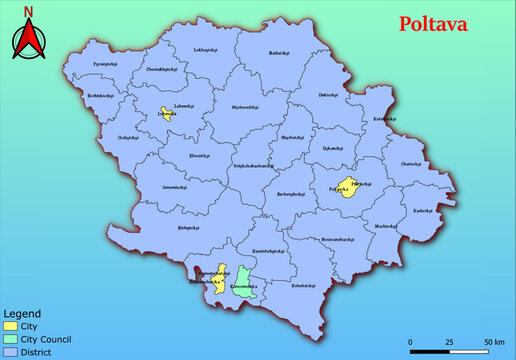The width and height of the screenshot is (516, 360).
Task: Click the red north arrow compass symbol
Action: (x=30, y=41)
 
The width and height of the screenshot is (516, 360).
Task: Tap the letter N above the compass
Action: (x=30, y=13)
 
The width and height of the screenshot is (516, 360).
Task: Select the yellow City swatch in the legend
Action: (x=12, y=326)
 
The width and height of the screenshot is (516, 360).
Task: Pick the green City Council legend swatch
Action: (x=12, y=339)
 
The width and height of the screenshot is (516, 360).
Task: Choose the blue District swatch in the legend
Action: (x=12, y=352)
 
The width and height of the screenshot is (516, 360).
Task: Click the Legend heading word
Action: (x=21, y=313)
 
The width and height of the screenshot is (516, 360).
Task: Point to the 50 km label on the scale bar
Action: (x=494, y=341)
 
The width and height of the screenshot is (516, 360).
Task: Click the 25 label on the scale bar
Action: (x=449, y=341)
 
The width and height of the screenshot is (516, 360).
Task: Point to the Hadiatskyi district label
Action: (x=282, y=53)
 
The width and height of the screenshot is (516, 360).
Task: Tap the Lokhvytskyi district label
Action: (x=205, y=49)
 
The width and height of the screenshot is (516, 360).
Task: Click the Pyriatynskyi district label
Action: (x=106, y=63)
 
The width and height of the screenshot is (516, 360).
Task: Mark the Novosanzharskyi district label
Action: (x=338, y=239)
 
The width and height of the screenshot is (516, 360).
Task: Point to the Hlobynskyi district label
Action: (x=163, y=229)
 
